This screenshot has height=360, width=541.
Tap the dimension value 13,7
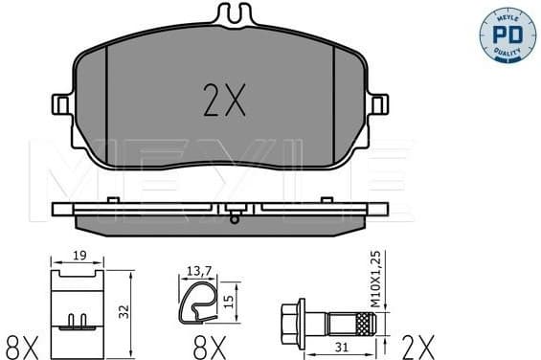(198, 272)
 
